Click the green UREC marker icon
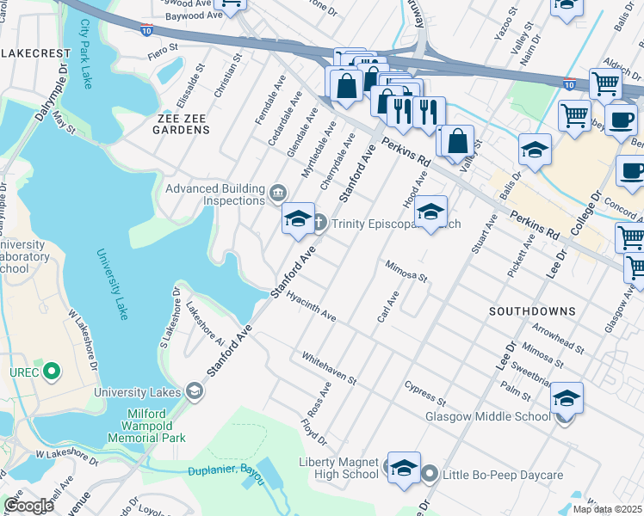(52, 372)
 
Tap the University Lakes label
(137, 392)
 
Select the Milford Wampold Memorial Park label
(144, 425)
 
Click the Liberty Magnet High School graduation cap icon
(403, 467)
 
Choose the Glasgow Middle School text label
(487, 416)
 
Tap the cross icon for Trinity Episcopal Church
(319, 224)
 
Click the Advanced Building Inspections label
(214, 195)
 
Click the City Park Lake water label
(85, 53)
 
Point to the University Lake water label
(112, 284)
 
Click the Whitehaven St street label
(329, 367)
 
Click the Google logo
(28, 506)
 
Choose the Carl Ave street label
(388, 307)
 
